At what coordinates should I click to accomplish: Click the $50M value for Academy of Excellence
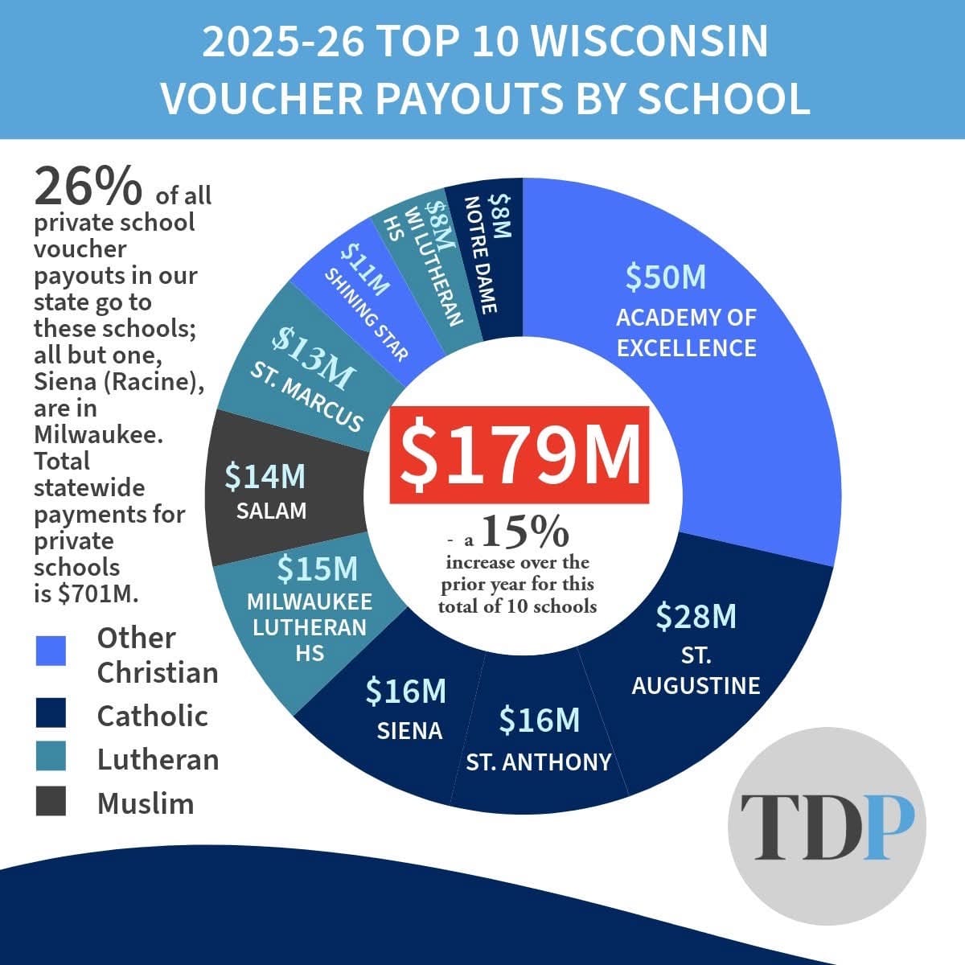666,277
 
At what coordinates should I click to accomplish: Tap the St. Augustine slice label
696,671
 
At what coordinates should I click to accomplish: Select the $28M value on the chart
696,617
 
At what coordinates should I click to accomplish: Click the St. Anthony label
539,762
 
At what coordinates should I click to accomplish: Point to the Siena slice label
409,730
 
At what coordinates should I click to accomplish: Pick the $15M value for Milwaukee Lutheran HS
317,569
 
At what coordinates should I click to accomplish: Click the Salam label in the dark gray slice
271,510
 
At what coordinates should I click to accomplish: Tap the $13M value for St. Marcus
312,355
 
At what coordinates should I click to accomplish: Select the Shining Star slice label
367,314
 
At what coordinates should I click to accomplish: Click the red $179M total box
519,455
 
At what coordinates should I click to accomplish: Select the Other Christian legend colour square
51,651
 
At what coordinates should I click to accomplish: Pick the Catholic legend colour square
51,713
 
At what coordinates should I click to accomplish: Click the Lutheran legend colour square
51,757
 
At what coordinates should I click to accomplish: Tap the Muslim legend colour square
51,801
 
